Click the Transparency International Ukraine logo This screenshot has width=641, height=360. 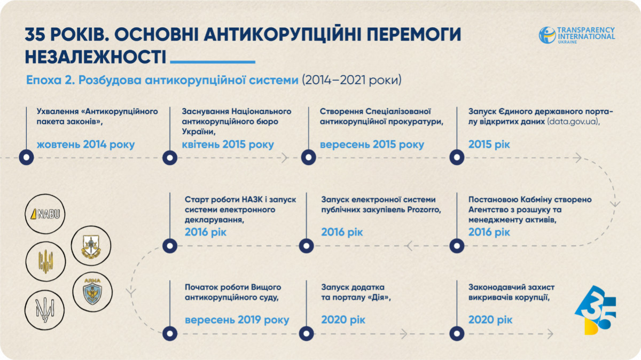[x=576, y=35]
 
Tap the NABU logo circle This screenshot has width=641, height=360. [x=45, y=214]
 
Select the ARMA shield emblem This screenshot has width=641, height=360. [x=92, y=292]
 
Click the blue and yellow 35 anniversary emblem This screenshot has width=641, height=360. [x=596, y=310]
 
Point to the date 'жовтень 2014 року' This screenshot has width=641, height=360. [x=85, y=145]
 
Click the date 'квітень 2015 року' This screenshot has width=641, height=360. [x=228, y=145]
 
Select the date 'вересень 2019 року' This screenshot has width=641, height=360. [x=237, y=319]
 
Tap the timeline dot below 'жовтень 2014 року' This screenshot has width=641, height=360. [x=26, y=158]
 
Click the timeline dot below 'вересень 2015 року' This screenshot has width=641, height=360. [x=309, y=158]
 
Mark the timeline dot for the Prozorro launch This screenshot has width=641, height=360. [x=306, y=246]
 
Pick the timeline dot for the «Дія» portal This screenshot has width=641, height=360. [x=306, y=333]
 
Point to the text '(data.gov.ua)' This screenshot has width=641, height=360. [x=573, y=122]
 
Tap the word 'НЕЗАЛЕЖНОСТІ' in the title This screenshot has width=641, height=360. [x=96, y=57]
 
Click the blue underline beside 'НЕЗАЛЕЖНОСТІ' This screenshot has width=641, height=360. [x=213, y=62]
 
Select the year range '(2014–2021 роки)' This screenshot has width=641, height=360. [x=351, y=80]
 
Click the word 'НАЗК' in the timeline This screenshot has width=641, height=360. [x=251, y=199]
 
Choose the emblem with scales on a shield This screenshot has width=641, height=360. [x=91, y=246]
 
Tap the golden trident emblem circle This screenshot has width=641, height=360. [x=45, y=262]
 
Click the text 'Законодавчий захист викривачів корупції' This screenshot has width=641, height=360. [x=511, y=292]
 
